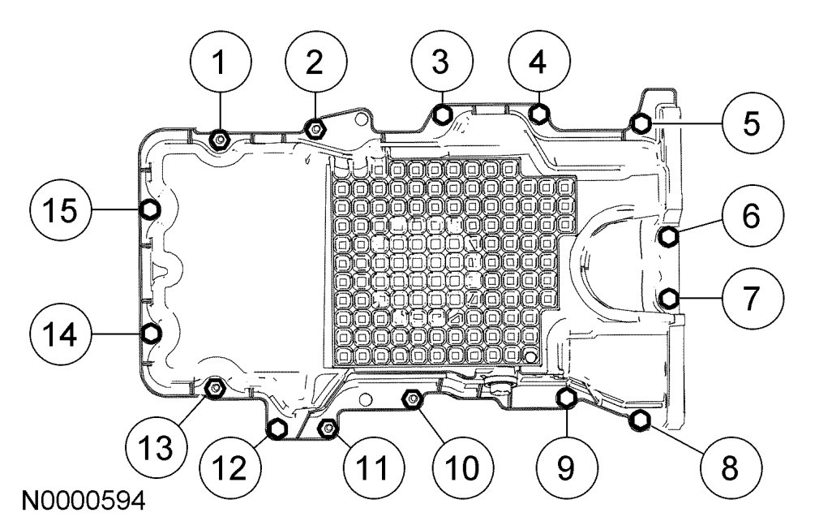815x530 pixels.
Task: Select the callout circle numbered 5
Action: [751, 124]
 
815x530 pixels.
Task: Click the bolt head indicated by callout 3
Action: [443, 114]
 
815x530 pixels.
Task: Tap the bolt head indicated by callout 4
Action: [538, 114]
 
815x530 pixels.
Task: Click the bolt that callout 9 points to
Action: [567, 397]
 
